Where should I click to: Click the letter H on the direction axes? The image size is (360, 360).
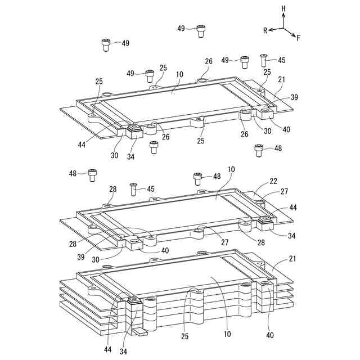(283, 10)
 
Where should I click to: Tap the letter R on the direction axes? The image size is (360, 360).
(265, 31)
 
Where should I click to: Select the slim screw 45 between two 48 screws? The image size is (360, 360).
(134, 188)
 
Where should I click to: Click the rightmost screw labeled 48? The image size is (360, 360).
(259, 150)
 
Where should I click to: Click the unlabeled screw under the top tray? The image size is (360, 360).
(154, 147)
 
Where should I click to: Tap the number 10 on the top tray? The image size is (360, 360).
(179, 74)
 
